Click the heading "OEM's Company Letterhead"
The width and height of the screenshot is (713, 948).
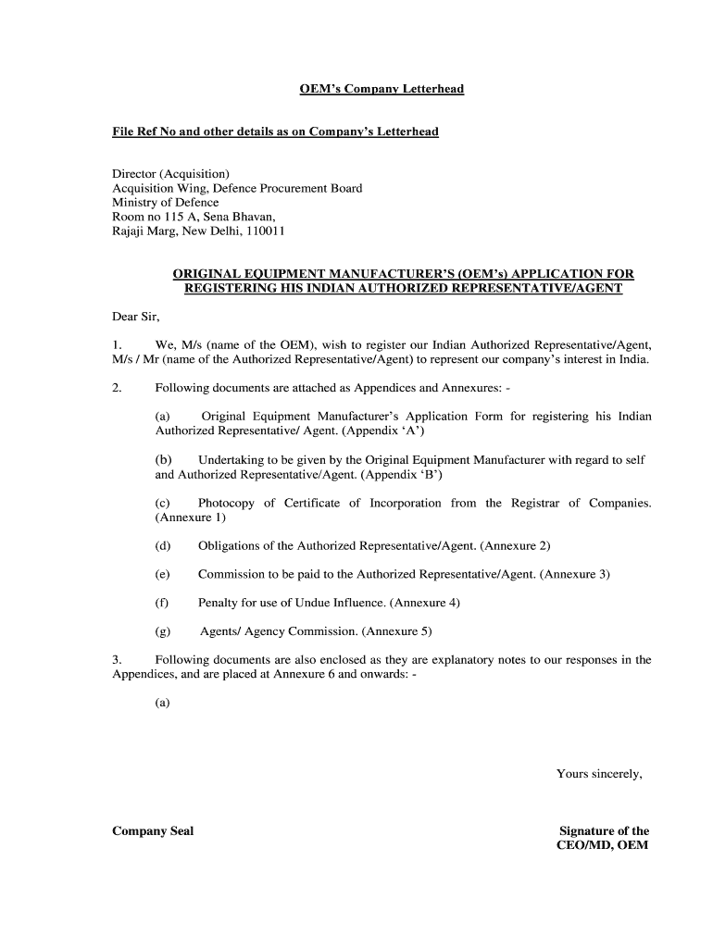381,89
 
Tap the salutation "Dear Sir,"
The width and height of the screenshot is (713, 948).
136,317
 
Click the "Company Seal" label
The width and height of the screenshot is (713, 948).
153,831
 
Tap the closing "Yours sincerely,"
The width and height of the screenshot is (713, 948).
599,774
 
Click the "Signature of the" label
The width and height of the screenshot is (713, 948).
604,831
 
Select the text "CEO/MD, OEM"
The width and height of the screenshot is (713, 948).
604,846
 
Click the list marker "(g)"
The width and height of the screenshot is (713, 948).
162,631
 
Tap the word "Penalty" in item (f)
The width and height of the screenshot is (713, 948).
219,603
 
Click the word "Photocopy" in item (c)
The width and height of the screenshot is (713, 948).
226,503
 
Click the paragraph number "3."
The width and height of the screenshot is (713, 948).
118,660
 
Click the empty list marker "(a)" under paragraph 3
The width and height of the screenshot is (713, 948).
162,703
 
